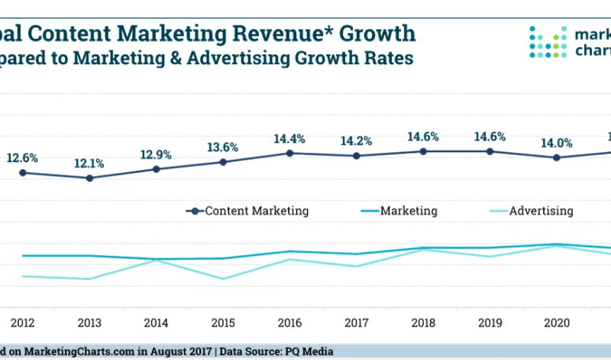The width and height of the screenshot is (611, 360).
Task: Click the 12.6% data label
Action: [23, 158]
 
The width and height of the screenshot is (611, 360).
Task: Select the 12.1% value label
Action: [89, 164]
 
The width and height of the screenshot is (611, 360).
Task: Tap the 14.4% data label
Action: [289, 139]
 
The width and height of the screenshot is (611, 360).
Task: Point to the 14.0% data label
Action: [557, 143]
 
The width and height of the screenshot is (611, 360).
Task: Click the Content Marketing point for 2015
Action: [223, 162]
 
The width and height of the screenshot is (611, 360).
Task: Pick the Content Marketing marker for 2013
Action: [89, 178]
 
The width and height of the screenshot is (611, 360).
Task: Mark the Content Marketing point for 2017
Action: [357, 156]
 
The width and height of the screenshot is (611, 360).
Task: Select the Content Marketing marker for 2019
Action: [490, 151]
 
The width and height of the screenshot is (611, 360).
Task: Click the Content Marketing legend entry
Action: [249, 211]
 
